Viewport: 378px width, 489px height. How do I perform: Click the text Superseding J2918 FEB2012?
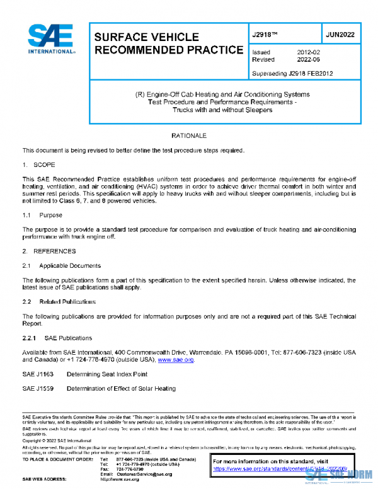coord(292,73)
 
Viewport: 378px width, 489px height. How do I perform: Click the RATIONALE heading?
coord(189,135)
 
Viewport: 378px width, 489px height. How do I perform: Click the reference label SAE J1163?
coord(37,374)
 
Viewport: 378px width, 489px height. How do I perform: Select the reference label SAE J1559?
coord(37,389)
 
